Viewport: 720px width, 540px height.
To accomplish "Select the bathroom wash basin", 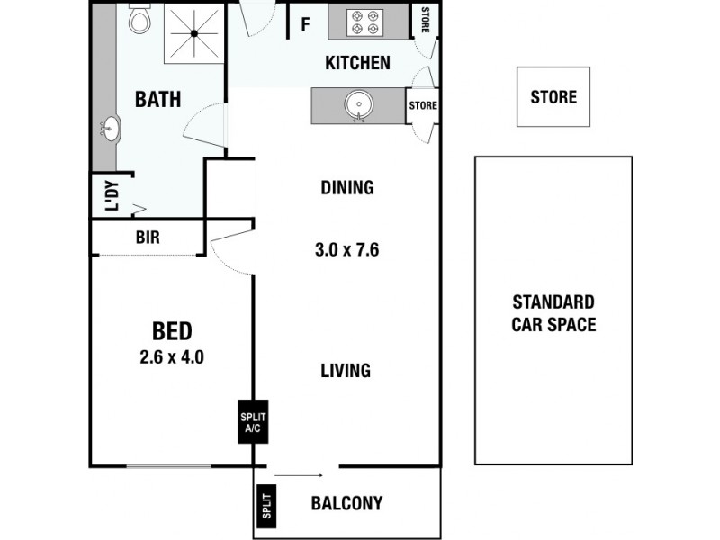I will (111, 129).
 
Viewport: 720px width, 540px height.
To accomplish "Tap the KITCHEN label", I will (357, 63).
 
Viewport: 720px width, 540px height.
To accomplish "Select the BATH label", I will (157, 99).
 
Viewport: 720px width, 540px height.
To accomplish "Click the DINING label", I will (346, 188).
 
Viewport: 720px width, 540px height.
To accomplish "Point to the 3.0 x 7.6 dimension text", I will (346, 249).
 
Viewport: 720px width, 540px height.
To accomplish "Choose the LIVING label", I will (346, 370).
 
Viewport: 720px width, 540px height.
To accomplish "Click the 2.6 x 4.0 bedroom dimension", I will (172, 356).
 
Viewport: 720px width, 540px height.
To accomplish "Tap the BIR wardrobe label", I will (148, 238).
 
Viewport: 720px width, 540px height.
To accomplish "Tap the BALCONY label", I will (346, 503).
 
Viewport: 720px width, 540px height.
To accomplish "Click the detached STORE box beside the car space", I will (553, 96).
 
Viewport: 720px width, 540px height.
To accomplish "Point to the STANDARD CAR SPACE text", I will (553, 313).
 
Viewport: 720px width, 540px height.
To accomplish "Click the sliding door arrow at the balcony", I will (299, 474).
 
